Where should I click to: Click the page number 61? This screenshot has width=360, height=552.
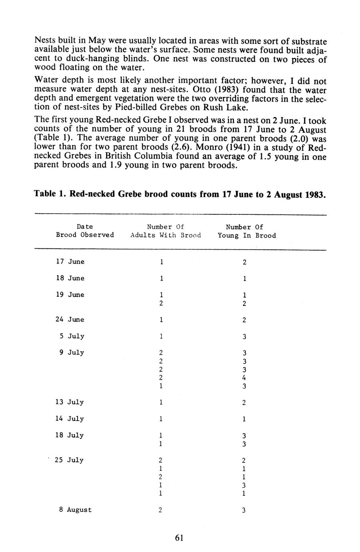[179, 538]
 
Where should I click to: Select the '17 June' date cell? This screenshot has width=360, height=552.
[70, 262]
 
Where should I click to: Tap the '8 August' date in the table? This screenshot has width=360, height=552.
[76, 510]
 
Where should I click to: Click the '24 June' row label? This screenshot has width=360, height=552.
[70, 320]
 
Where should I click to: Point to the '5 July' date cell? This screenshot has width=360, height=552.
[72, 336]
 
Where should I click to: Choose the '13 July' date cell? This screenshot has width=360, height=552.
[70, 402]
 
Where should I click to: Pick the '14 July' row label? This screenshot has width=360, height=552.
[70, 419]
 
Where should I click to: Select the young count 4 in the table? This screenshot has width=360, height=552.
[244, 378]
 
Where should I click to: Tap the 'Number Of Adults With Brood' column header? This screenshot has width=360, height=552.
[166, 231]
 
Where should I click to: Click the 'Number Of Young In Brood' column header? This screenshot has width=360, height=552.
[247, 231]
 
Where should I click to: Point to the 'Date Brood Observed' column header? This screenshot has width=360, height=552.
[85, 231]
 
